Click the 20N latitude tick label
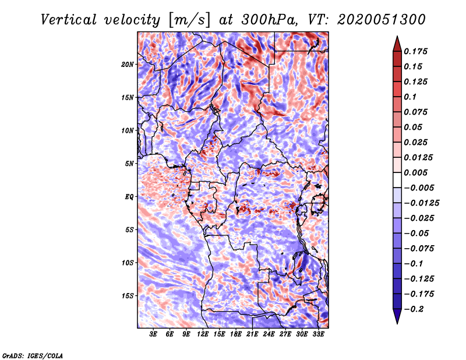tap(127, 65)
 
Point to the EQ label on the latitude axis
tap(129, 197)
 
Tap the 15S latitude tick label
tap(127, 296)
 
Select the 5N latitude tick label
tap(129, 164)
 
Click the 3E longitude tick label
tap(153, 334)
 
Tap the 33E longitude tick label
tap(318, 334)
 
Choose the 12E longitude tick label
tap(202, 334)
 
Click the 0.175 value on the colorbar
tap(415, 51)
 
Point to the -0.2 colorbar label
tap(414, 309)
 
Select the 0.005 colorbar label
tap(415, 172)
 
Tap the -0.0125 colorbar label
tap(421, 203)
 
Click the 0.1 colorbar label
tap(410, 97)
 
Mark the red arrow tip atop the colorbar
tap(397, 36)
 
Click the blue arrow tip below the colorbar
tap(397, 323)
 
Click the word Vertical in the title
tap(69, 20)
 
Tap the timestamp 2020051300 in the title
tap(382, 20)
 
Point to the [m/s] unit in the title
tap(189, 20)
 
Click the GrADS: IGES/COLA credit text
tap(33, 356)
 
